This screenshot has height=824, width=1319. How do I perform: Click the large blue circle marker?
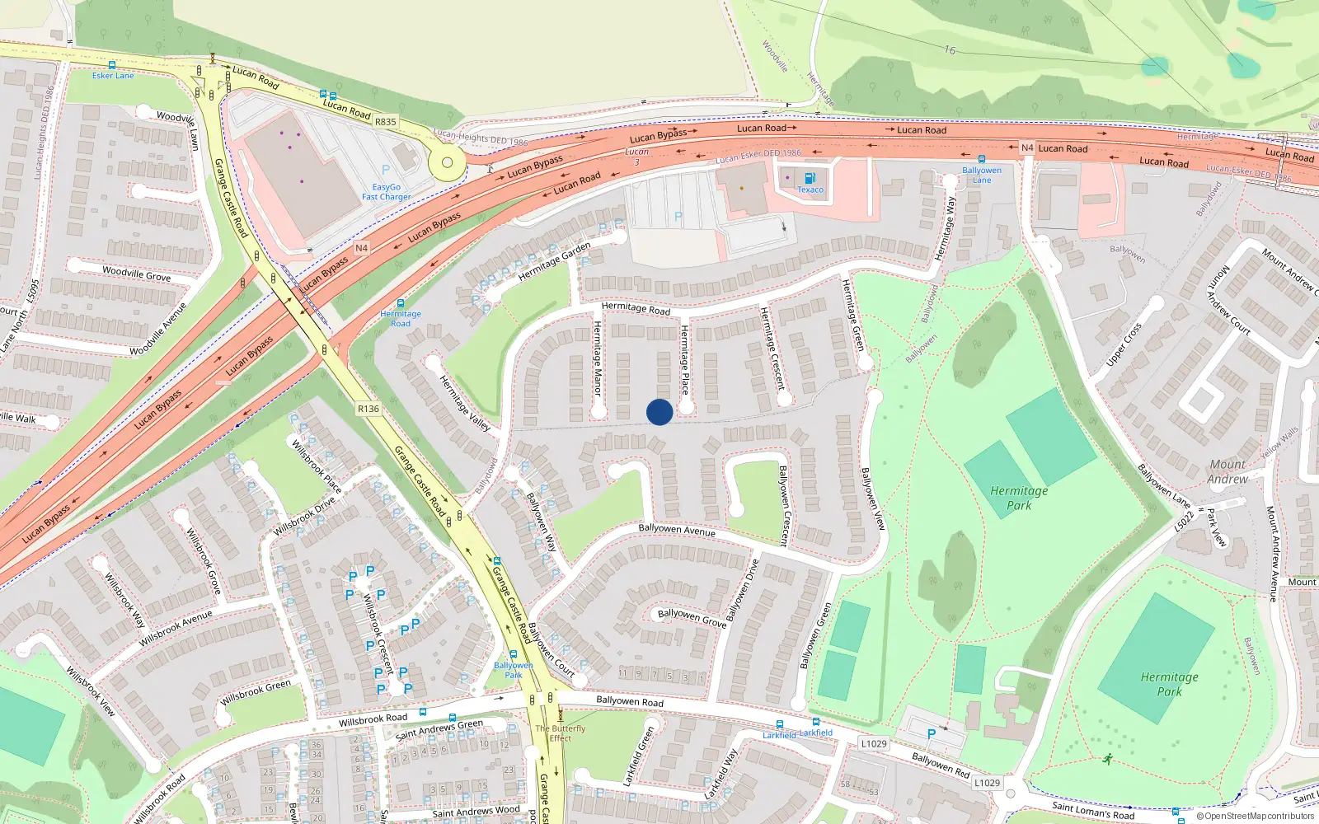point(659,412)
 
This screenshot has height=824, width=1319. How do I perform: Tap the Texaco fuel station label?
point(810,190)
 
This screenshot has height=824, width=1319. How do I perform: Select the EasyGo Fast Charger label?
point(386,192)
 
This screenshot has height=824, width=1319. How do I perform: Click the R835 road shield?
point(386,122)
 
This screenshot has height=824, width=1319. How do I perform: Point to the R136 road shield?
point(368,409)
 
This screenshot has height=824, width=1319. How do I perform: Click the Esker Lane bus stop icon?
point(112,65)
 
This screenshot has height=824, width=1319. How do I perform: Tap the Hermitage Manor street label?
point(598,358)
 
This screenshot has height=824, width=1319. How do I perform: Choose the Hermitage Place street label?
point(684,359)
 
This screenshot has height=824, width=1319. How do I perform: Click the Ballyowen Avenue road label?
point(677,530)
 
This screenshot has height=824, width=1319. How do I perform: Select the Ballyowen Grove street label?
point(692,618)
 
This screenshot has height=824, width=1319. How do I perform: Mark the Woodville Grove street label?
point(136,274)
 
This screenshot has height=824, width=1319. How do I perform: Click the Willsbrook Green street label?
point(256,692)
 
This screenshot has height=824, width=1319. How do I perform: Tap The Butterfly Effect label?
point(561,733)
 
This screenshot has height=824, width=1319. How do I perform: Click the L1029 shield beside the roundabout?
point(986,783)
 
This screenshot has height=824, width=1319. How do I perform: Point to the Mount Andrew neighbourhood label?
point(1227,471)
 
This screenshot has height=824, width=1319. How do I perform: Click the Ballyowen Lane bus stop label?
point(982,175)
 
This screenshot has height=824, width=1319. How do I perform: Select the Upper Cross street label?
point(1124,344)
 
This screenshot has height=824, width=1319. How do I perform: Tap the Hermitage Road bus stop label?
point(401,319)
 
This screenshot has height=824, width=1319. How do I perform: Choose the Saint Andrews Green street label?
point(439,728)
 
